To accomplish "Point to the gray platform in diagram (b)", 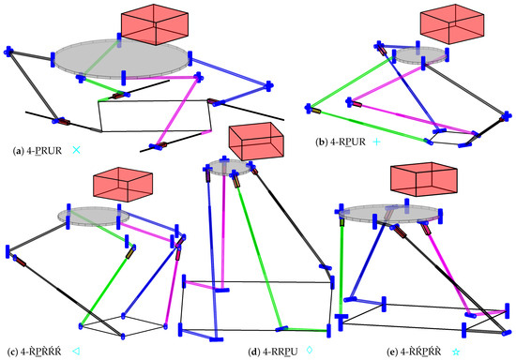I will tap(418, 54).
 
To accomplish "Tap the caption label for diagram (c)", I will tap(33, 352).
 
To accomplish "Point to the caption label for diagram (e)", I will tap(404, 352).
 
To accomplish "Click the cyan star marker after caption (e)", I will tap(456, 352).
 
